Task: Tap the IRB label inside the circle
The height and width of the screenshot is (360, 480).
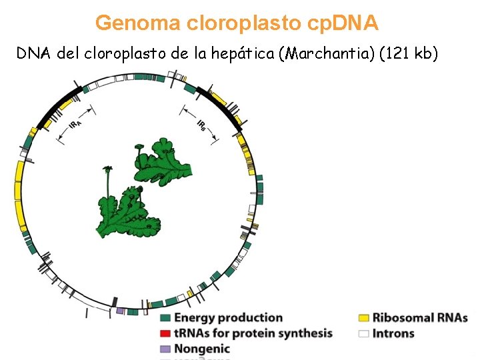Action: pos(202,125)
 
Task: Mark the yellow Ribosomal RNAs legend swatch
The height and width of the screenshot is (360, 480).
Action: pos(364,319)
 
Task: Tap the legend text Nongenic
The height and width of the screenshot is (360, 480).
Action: pos(202,349)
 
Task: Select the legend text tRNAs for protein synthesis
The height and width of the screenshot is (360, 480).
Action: pos(253,333)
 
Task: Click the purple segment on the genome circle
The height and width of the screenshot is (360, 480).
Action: pos(120,311)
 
